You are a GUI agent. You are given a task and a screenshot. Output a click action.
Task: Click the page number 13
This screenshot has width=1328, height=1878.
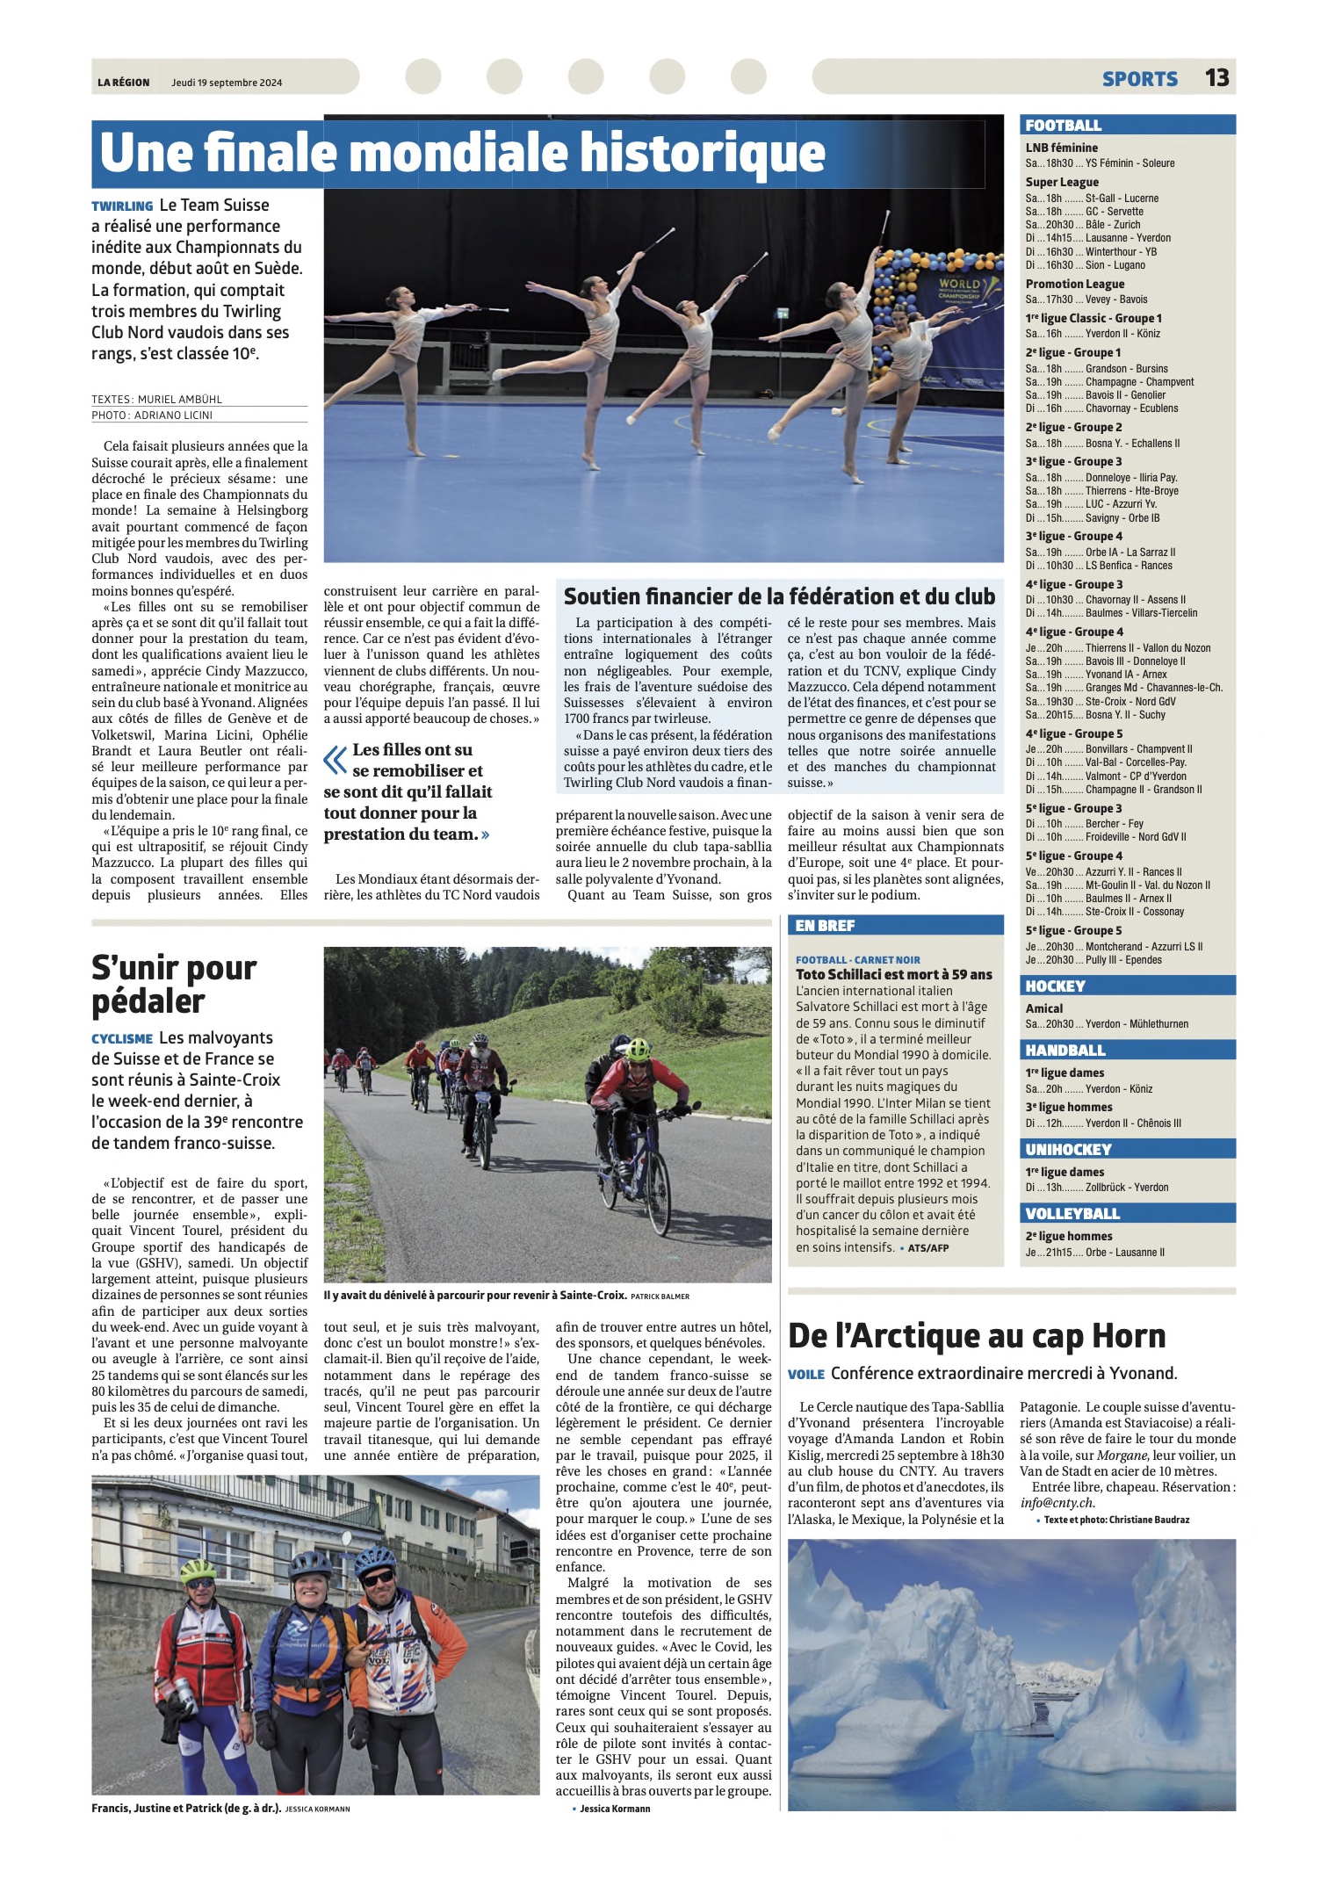tap(1216, 77)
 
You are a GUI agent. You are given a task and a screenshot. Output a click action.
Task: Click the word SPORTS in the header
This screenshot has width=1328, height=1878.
tap(1139, 79)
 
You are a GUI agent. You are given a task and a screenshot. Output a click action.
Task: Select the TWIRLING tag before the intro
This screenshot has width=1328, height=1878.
tap(122, 206)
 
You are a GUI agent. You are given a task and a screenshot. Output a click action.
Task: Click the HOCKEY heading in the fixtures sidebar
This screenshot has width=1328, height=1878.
tap(1055, 986)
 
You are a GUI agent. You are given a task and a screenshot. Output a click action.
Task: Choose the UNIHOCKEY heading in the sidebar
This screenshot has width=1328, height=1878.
tap(1068, 1149)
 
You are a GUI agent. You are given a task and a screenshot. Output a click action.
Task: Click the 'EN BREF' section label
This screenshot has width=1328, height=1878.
tap(825, 925)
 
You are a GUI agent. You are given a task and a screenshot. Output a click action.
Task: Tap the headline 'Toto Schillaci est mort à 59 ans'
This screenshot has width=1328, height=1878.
tap(893, 974)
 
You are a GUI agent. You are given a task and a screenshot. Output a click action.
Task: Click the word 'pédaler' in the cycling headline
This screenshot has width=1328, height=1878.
tap(148, 1001)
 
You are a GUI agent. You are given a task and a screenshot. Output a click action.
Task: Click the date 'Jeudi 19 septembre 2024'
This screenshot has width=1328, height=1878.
tap(227, 83)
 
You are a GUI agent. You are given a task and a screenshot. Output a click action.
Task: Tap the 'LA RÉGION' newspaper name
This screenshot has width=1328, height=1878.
tap(123, 83)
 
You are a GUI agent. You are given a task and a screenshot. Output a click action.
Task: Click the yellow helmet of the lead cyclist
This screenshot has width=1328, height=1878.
tap(639, 1049)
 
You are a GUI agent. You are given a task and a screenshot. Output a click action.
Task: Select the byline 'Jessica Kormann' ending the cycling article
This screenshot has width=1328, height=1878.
tap(615, 1809)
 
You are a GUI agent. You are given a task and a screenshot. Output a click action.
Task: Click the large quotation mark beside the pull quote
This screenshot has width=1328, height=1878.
tap(336, 760)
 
